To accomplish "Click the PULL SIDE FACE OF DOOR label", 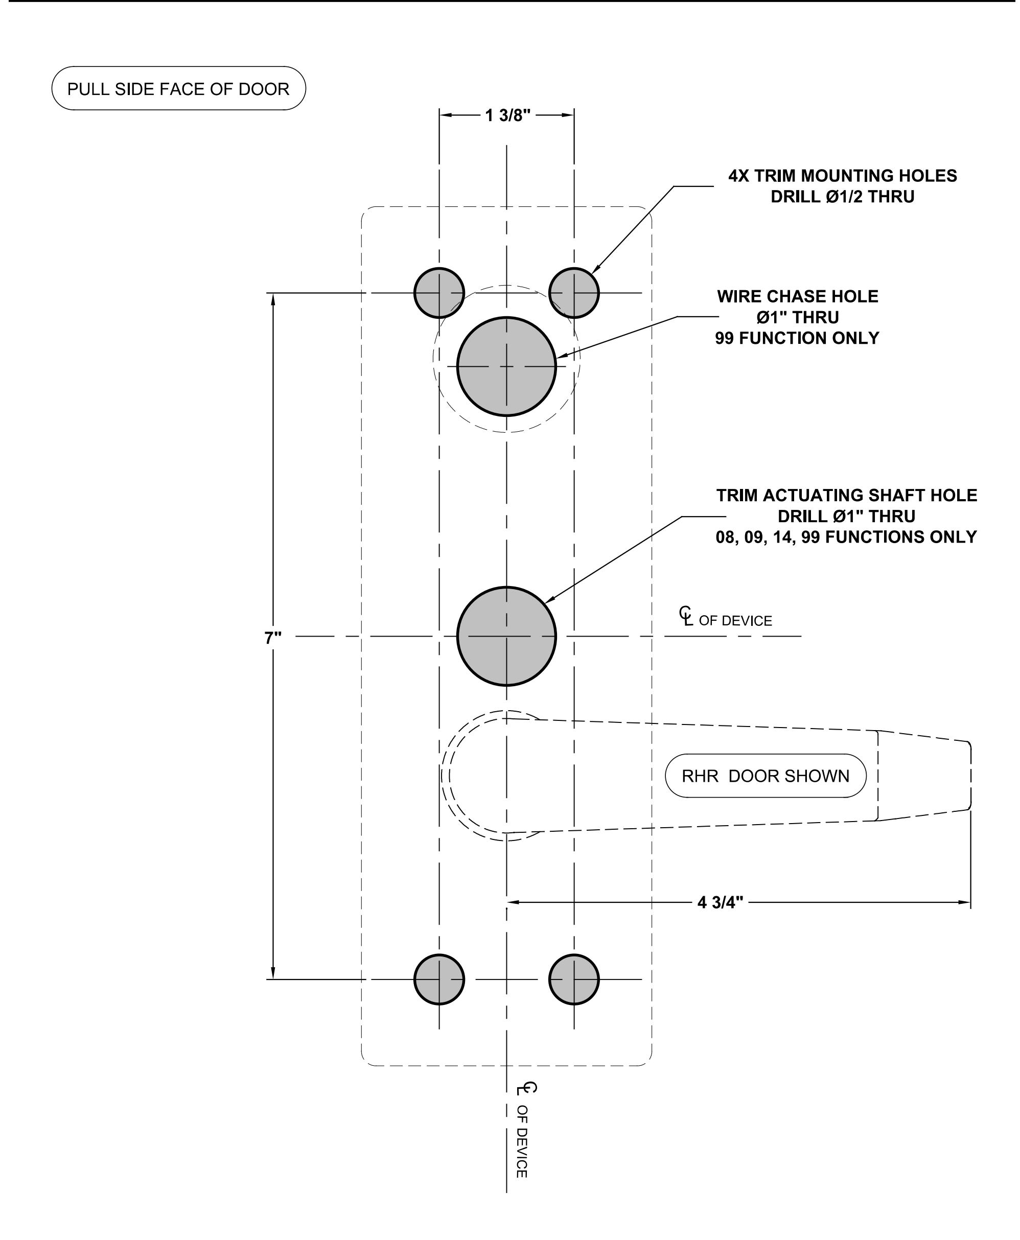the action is [x=179, y=89].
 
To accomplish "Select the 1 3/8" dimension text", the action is [x=507, y=115].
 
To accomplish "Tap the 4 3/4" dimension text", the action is [x=721, y=902].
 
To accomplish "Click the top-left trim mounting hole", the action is [x=439, y=293].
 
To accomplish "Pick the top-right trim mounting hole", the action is [x=574, y=293].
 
